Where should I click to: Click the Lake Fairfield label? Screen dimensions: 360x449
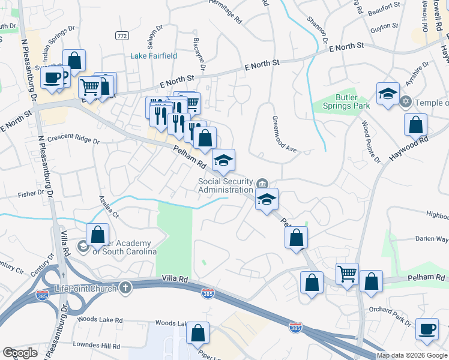pyautogui.click(x=154, y=56)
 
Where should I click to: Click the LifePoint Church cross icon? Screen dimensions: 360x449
pyautogui.click(x=125, y=287)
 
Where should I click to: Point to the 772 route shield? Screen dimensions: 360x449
pyautogui.click(x=122, y=37)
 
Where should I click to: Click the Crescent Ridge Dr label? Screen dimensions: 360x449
pyautogui.click(x=73, y=139)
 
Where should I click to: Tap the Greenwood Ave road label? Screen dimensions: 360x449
pyautogui.click(x=285, y=134)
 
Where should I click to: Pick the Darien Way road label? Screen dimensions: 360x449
pyautogui.click(x=433, y=238)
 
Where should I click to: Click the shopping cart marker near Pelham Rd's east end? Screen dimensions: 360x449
pyautogui.click(x=347, y=274)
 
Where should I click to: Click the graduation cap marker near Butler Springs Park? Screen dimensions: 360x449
pyautogui.click(x=388, y=94)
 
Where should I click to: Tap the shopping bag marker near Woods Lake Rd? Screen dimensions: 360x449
pyautogui.click(x=197, y=333)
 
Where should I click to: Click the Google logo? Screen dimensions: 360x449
pyautogui.click(x=20, y=353)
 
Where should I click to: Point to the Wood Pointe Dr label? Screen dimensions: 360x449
pyautogui.click(x=370, y=141)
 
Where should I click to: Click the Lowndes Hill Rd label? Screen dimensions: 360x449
pyautogui.click(x=95, y=346)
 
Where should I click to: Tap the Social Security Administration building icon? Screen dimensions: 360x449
pyautogui.click(x=262, y=183)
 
